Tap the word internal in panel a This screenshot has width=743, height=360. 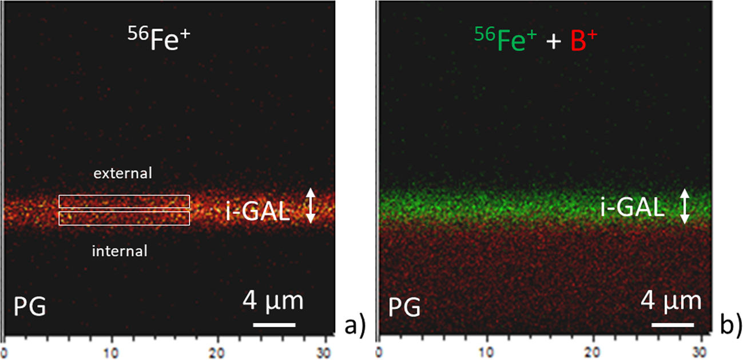(x=120, y=251)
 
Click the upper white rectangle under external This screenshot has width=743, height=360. (x=124, y=201)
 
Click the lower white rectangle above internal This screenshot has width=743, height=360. (x=124, y=218)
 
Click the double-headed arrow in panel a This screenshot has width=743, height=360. (x=310, y=206)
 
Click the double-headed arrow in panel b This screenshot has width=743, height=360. (x=685, y=207)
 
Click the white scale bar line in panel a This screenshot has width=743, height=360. (x=274, y=325)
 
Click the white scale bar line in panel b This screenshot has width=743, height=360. (x=673, y=326)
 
